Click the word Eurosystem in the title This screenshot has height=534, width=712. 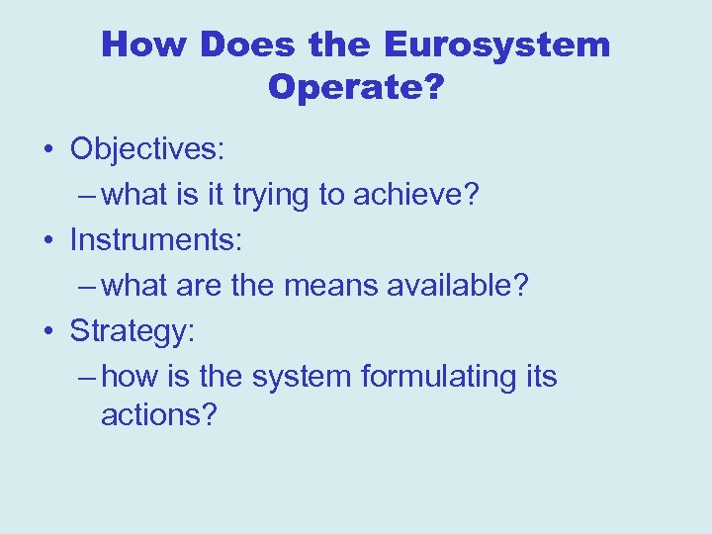[496, 44]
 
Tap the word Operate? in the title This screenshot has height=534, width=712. [356, 88]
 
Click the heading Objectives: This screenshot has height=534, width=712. [147, 150]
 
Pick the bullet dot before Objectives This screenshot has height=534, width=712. [47, 150]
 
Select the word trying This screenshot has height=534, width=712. [271, 196]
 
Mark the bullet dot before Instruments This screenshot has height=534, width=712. [47, 240]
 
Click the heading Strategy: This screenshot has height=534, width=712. [133, 331]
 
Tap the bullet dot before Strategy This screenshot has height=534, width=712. [47, 331]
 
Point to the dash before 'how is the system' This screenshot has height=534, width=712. [86, 377]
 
